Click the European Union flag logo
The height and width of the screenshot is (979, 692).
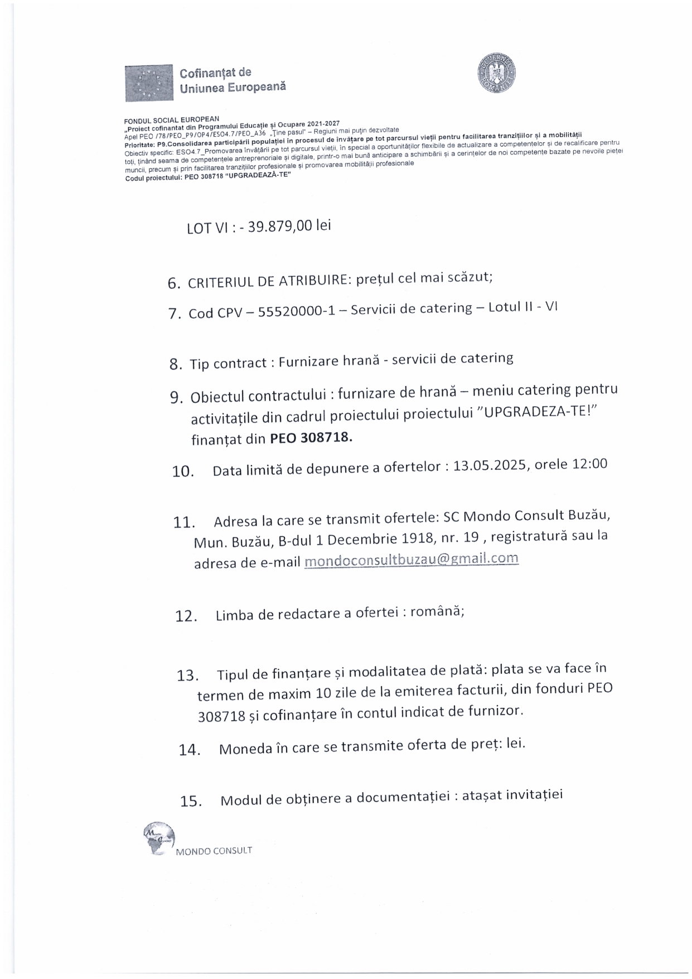pyautogui.click(x=149, y=83)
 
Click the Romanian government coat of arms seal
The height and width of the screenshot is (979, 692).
pyautogui.click(x=496, y=75)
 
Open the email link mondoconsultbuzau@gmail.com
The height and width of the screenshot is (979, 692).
pyautogui.click(x=412, y=559)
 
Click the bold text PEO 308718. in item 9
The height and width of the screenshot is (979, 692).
pyautogui.click(x=311, y=438)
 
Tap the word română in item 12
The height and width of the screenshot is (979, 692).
pyautogui.click(x=437, y=611)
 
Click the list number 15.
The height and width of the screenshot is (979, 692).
pyautogui.click(x=191, y=802)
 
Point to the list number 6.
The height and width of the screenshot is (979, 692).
pyautogui.click(x=173, y=283)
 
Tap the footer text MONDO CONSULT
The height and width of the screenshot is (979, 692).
pyautogui.click(x=214, y=851)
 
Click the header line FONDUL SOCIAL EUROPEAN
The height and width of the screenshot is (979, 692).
pyautogui.click(x=172, y=119)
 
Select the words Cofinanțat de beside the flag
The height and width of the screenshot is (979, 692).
pyautogui.click(x=215, y=73)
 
